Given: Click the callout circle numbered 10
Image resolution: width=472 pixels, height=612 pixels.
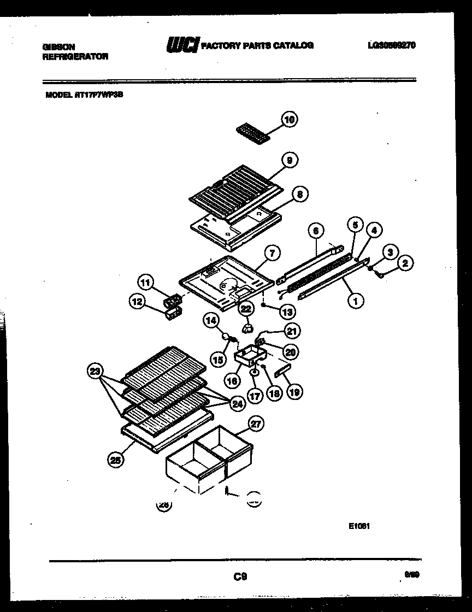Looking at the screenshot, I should pos(289,119).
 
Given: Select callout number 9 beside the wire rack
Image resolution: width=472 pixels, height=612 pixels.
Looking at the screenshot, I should pos(289,160).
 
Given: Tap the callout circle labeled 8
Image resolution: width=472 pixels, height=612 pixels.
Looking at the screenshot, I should pos(299,193).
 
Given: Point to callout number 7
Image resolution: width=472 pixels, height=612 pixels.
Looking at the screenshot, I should pos(272,252).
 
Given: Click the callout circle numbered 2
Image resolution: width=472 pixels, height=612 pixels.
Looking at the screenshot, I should pos(405,263).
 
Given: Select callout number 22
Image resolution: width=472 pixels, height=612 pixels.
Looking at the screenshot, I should pos(246,309).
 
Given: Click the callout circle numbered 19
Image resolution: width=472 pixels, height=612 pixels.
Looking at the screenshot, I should pos(295,391).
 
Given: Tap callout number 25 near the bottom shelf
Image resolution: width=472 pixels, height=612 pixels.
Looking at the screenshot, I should pos(115,460).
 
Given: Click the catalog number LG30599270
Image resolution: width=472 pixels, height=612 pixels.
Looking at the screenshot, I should pos(391,46).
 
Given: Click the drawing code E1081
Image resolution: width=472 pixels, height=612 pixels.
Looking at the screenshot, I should pos(359,527).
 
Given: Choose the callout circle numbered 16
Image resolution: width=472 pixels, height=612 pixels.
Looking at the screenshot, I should pos(232,380).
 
